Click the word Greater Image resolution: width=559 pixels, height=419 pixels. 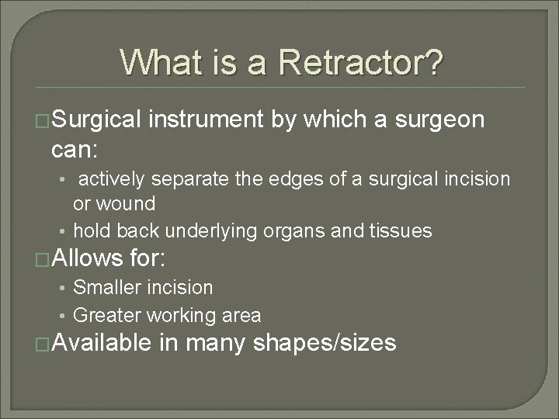pos(103,315)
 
